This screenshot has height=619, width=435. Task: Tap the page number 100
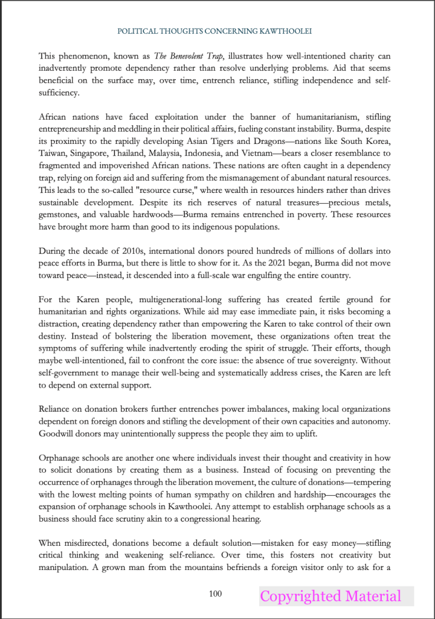pos(215,594)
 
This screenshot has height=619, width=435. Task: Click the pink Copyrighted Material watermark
pos(330,597)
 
